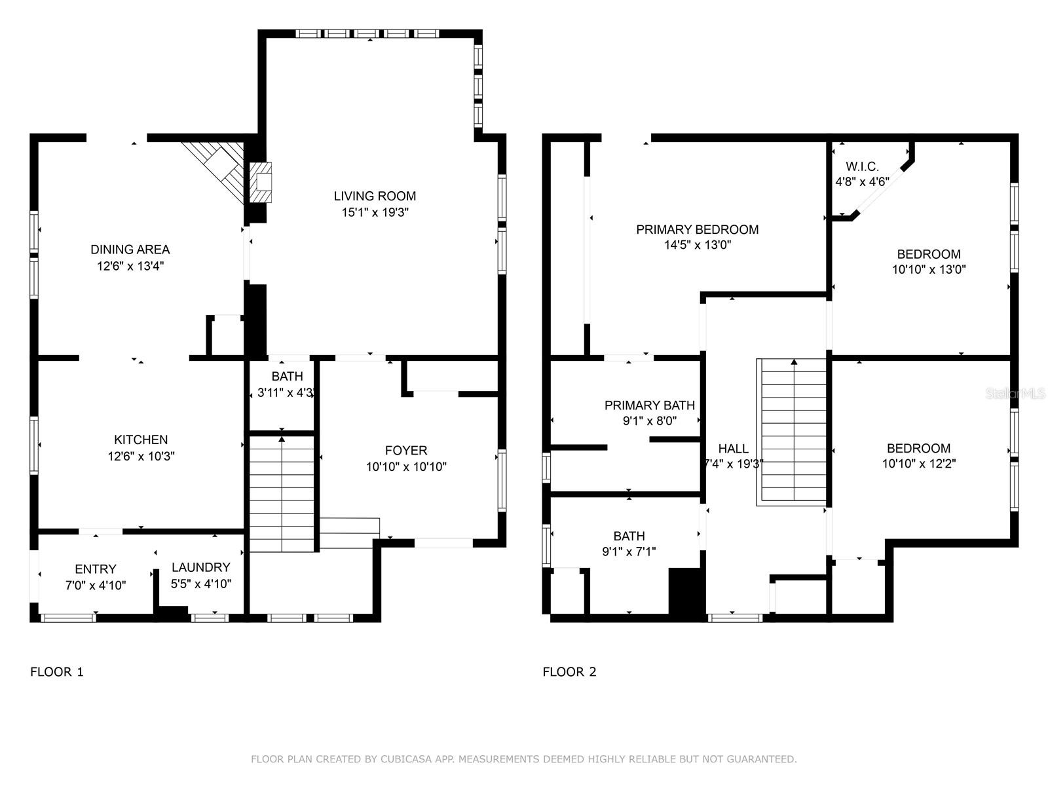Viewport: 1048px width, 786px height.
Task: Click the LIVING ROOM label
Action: click(x=375, y=196)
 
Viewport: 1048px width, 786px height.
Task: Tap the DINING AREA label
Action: click(x=130, y=250)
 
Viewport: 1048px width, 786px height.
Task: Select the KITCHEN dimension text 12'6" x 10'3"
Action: click(x=141, y=457)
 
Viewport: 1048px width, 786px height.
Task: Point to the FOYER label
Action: click(x=406, y=451)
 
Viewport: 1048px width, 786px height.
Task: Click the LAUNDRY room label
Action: click(x=201, y=567)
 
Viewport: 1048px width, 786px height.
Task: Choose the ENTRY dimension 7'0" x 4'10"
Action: click(x=96, y=585)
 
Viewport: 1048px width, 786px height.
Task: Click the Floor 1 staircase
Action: click(x=282, y=493)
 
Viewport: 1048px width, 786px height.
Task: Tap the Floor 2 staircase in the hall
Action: click(x=791, y=432)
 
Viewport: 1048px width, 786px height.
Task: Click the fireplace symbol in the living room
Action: click(x=261, y=182)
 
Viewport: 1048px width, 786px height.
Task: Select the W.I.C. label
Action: click(x=862, y=166)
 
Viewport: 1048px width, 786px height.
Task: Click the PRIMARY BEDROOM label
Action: click(x=698, y=229)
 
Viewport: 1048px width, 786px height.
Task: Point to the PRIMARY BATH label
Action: click(x=649, y=405)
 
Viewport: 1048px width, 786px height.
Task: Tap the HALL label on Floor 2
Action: click(x=734, y=449)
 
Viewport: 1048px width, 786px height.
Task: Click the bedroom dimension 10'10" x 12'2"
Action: click(x=918, y=463)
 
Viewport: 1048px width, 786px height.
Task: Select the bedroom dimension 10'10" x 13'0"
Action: click(x=929, y=270)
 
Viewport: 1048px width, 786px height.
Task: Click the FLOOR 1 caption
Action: click(x=57, y=672)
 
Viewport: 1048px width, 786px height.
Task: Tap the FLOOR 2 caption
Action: click(x=569, y=672)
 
